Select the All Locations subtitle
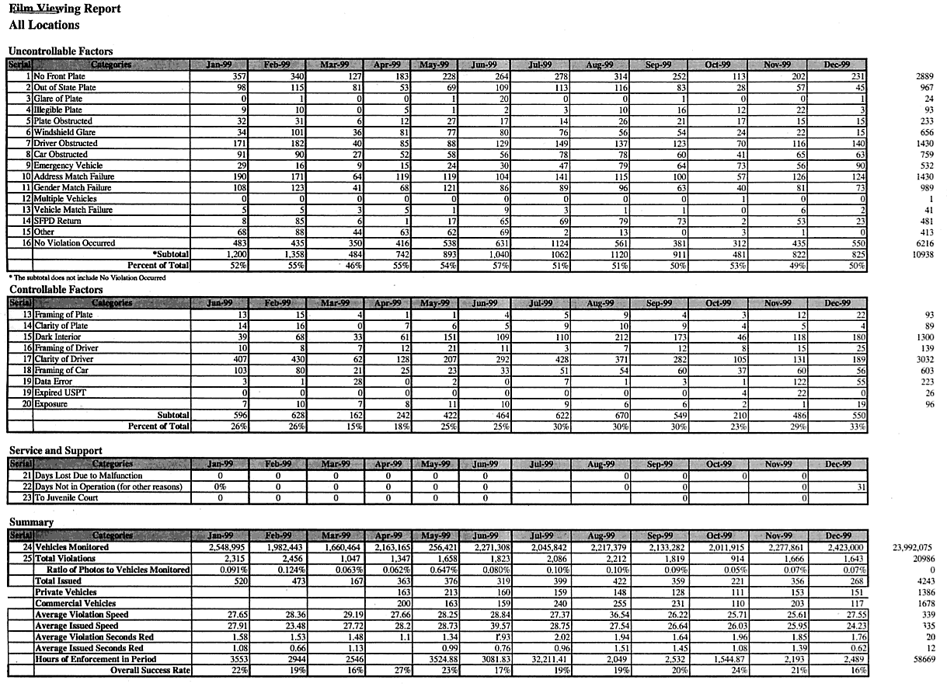pyautogui.click(x=44, y=25)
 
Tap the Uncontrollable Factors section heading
pyautogui.click(x=61, y=51)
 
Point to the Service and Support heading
pyautogui.click(x=55, y=450)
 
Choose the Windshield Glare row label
pyautogui.click(x=65, y=132)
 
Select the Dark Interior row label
pyautogui.click(x=59, y=337)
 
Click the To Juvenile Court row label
pyautogui.click(x=71, y=497)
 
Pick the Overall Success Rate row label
pyautogui.click(x=150, y=670)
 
